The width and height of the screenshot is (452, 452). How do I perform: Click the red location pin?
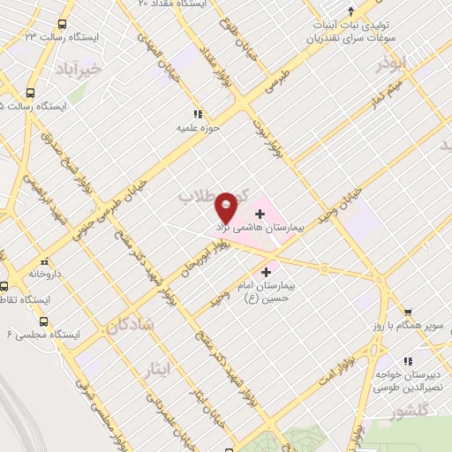tap(227, 207)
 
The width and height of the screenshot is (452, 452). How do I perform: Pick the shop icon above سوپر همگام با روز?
tap(408, 312)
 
